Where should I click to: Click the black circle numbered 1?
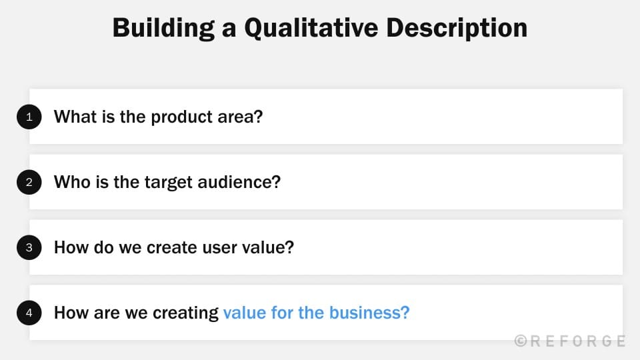(x=29, y=117)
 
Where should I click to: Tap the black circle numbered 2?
(x=29, y=182)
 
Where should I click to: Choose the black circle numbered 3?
(x=29, y=247)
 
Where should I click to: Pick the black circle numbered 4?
(x=29, y=313)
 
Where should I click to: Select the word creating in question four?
(x=186, y=313)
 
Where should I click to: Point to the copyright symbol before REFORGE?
(x=521, y=341)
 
